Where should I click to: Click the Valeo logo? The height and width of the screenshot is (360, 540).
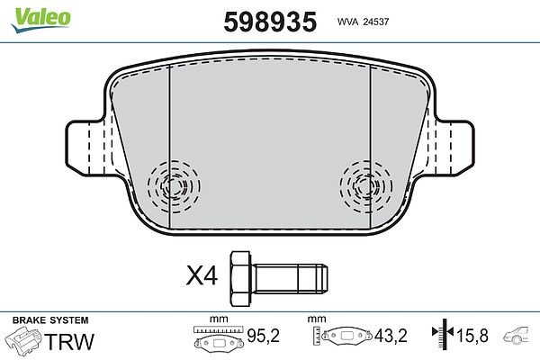coord(40,19)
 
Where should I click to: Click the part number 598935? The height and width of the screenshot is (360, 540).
coord(270,22)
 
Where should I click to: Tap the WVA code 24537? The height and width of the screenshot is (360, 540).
coord(377,22)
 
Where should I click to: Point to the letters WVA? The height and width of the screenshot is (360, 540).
coord(348,22)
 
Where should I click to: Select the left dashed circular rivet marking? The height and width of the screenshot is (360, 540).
coord(174,186)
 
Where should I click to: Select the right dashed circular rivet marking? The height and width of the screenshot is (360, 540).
coord(365,186)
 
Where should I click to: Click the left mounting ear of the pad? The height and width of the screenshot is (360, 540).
coord(85,148)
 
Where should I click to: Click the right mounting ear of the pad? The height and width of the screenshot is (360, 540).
coord(454,148)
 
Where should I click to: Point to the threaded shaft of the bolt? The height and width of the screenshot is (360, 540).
coord(291,279)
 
